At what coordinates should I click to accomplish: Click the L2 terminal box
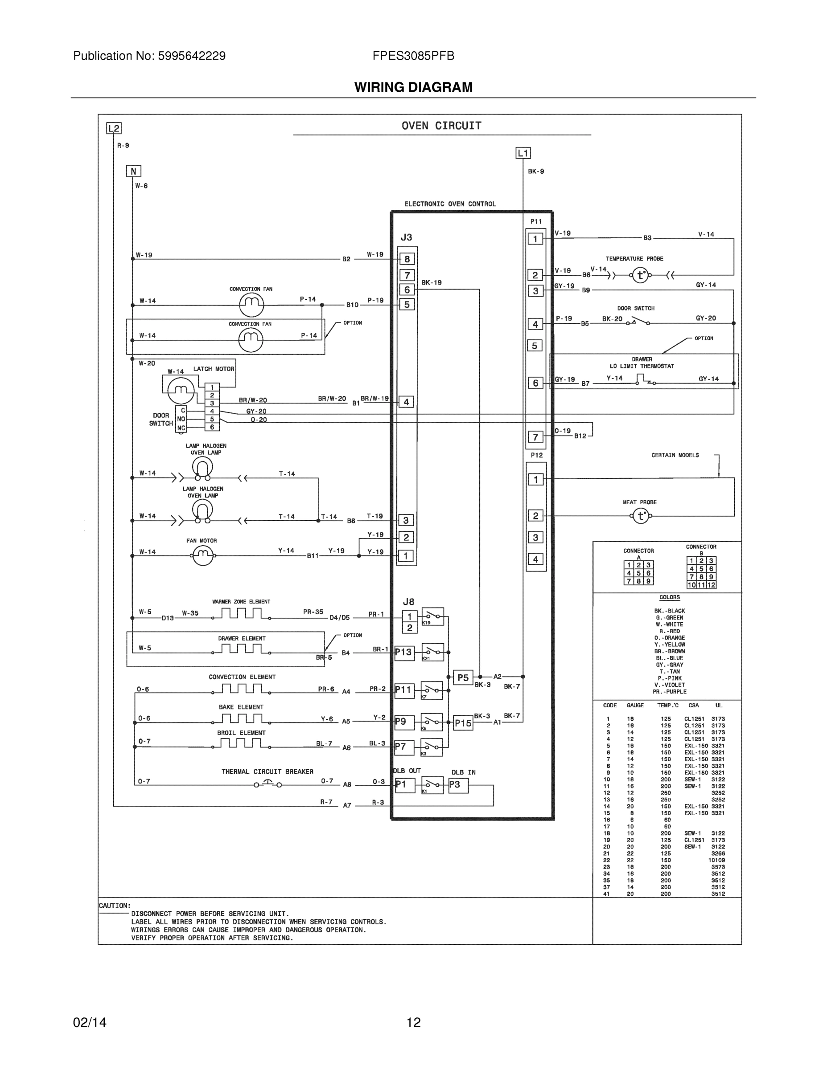pyautogui.click(x=114, y=128)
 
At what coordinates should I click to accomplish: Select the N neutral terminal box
pyautogui.click(x=133, y=171)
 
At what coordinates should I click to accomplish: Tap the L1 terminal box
pyautogui.click(x=523, y=153)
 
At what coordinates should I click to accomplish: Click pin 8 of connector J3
pyautogui.click(x=407, y=259)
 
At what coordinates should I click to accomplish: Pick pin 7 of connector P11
pyautogui.click(x=535, y=437)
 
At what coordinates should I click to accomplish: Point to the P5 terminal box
pyautogui.click(x=463, y=678)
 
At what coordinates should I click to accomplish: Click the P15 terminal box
pyautogui.click(x=463, y=723)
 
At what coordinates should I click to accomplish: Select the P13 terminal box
pyautogui.click(x=404, y=653)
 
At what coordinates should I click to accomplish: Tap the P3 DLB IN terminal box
pyautogui.click(x=457, y=785)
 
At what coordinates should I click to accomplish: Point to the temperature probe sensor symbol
pyautogui.click(x=640, y=276)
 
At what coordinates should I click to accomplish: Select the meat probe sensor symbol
pyautogui.click(x=641, y=516)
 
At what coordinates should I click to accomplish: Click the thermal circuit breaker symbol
pyautogui.click(x=267, y=785)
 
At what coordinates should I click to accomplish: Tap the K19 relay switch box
pyautogui.click(x=432, y=616)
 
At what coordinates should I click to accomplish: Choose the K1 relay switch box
pyautogui.click(x=432, y=785)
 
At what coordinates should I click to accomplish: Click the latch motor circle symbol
pyautogui.click(x=181, y=390)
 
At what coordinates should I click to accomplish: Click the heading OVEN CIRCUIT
pyautogui.click(x=441, y=126)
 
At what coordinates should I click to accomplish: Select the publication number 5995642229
pyautogui.click(x=192, y=56)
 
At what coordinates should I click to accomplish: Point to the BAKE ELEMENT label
pyautogui.click(x=241, y=707)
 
